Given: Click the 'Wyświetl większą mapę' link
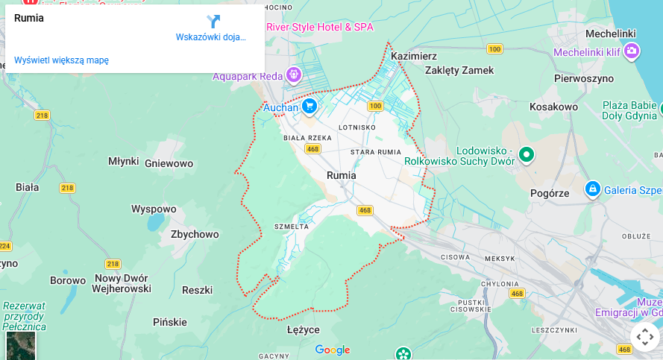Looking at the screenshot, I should (61, 60).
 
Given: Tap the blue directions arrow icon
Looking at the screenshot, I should (213, 22).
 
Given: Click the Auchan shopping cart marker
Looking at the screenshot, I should (309, 107).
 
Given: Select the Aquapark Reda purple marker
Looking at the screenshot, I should (294, 75).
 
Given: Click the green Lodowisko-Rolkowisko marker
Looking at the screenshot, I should (527, 154).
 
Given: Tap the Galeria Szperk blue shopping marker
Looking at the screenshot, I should (593, 189).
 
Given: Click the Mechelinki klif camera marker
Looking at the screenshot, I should (632, 51).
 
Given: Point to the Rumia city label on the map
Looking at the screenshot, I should (342, 175).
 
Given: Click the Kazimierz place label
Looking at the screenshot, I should (413, 56).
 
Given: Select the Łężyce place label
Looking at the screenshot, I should (304, 329).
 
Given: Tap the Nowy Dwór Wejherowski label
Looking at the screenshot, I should (122, 283).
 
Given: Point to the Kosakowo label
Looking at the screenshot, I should (553, 107).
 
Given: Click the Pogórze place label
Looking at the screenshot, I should (550, 192).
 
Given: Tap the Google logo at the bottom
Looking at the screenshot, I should (333, 350).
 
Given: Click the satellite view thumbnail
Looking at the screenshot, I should (21, 345).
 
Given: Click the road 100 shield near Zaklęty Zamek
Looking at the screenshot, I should (494, 49).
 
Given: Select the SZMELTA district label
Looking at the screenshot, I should (292, 227).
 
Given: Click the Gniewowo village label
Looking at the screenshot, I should (169, 163).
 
